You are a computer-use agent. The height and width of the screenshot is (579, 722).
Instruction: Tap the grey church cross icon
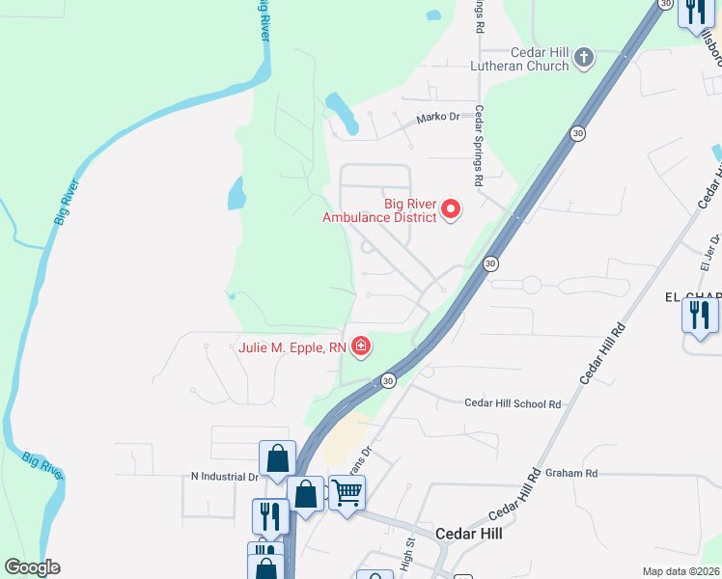[x=583, y=59]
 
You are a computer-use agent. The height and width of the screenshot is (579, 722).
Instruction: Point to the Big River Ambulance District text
[x=379, y=209]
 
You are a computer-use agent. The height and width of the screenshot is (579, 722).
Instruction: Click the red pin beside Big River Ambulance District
[x=451, y=208]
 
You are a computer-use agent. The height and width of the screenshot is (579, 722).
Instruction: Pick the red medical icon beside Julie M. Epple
[x=362, y=345]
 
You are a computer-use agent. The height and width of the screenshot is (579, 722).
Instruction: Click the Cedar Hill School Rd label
[x=513, y=403]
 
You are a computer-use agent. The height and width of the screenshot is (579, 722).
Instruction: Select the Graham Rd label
[x=571, y=473]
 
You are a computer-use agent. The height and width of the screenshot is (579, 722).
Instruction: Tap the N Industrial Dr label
[x=225, y=477]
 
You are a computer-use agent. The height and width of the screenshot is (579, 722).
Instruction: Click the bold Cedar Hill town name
[x=469, y=533]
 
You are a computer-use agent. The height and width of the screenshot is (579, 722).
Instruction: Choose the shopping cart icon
[x=347, y=492]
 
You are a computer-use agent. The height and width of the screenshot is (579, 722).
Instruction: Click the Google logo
[x=33, y=567]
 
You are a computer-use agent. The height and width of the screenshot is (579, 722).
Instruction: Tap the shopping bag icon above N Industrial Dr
[x=277, y=457]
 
